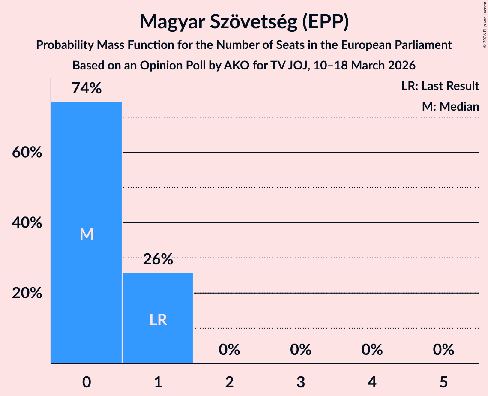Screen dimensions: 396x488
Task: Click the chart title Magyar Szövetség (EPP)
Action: coord(244,22)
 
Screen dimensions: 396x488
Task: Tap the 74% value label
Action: coord(87,89)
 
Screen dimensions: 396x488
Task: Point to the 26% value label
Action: coord(158,259)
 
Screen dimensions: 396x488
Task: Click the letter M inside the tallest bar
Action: coord(87,234)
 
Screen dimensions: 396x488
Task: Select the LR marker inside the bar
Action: coord(158,320)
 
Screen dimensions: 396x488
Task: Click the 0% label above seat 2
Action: coord(229,350)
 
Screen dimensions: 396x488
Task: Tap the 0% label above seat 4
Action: coord(372,350)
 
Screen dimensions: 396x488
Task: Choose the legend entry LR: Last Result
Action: coord(440,86)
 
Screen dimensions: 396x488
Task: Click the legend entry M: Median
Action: coord(450,106)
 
